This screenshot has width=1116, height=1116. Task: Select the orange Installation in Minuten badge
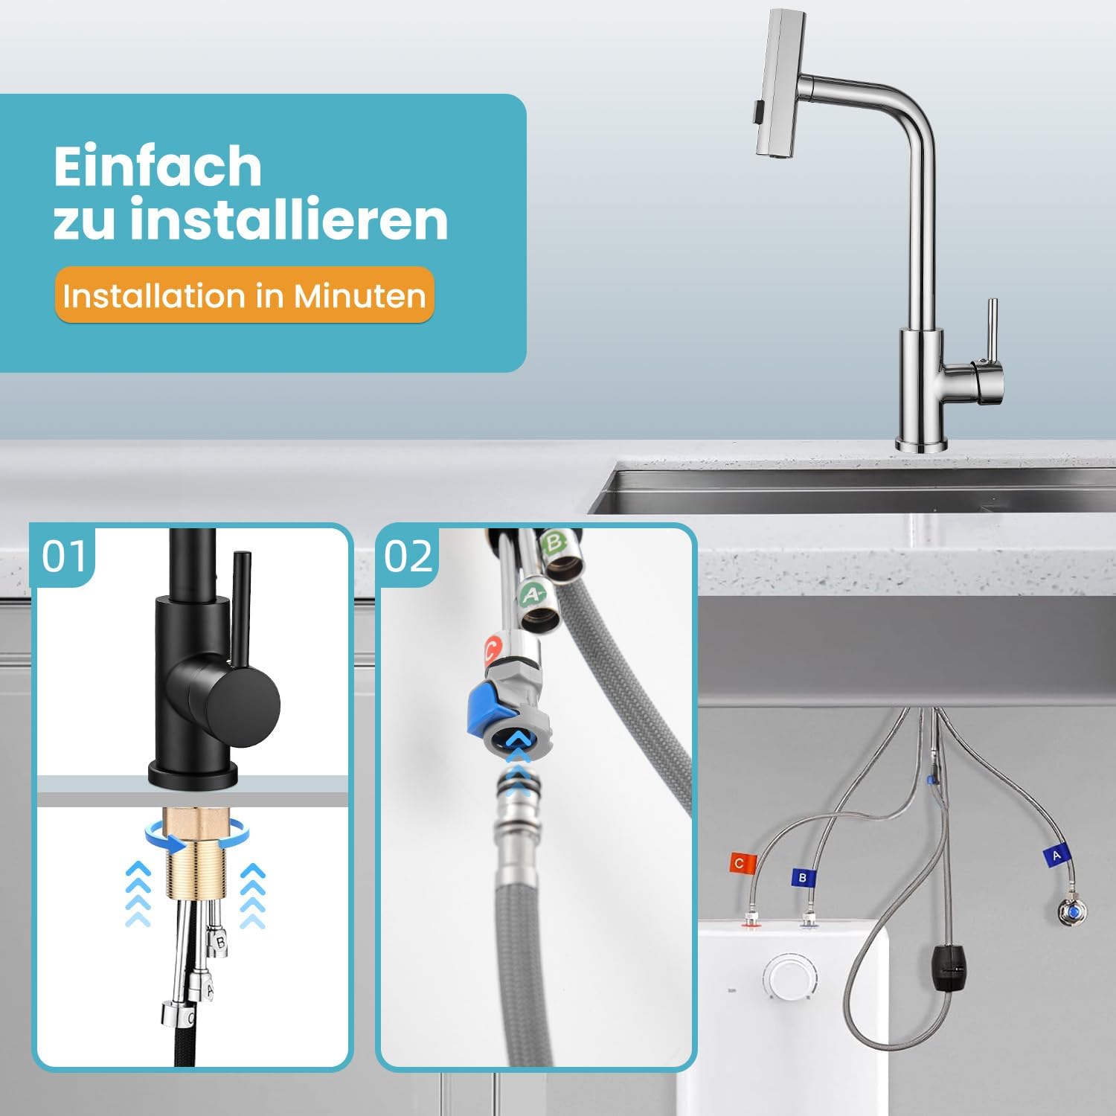pos(244,295)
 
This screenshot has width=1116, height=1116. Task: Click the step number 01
pos(64,556)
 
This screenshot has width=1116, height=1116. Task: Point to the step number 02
pos(408,556)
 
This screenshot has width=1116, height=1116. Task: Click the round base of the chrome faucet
pos(921,445)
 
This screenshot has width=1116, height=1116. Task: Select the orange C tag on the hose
pos(741,863)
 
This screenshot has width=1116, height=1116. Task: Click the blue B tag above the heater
pos(803,877)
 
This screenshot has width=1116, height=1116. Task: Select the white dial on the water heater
pos(790,977)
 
